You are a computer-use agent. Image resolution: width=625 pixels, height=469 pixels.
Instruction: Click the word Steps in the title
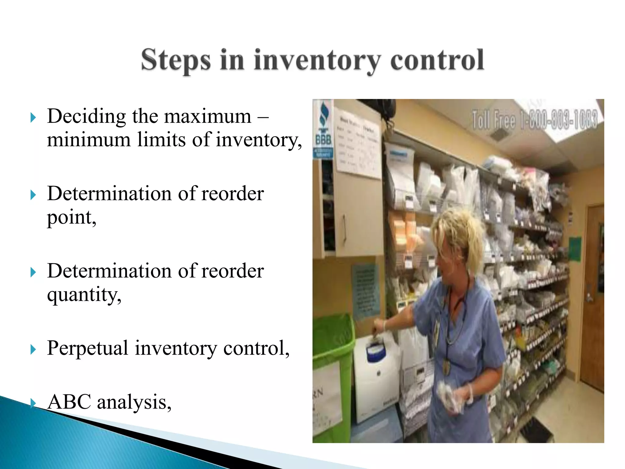[x=176, y=60]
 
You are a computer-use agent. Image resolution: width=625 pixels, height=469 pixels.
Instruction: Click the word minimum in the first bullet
[x=89, y=140]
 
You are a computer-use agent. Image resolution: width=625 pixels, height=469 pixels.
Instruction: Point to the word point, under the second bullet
[x=71, y=218]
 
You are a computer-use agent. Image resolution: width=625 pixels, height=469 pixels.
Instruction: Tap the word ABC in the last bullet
[x=69, y=402]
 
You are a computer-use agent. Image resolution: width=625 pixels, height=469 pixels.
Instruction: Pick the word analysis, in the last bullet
[x=134, y=402]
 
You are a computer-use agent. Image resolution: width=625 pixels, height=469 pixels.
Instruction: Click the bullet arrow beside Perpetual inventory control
[x=33, y=349]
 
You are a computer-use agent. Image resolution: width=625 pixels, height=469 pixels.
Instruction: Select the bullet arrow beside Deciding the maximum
[x=33, y=117]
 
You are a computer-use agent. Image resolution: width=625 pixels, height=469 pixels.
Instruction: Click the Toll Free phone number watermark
[x=534, y=120]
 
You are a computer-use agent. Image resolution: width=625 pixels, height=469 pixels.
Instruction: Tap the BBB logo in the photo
[x=323, y=131]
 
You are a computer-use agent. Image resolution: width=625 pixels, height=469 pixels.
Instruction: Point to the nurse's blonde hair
[x=458, y=232]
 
